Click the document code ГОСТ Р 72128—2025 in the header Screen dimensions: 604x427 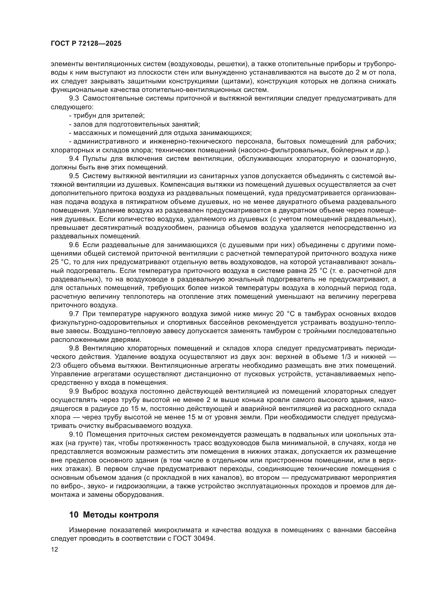click(x=86, y=44)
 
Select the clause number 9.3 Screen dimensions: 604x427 click(x=74, y=98)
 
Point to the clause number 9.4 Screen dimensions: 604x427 click(x=74, y=159)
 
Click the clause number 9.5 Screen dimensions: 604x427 click(x=74, y=176)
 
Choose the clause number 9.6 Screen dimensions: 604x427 click(x=74, y=245)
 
